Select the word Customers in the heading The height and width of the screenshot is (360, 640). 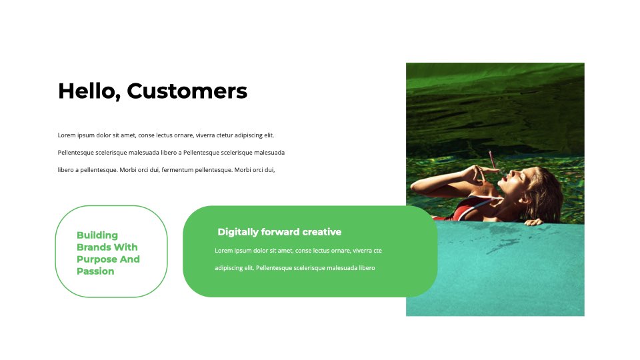point(187,91)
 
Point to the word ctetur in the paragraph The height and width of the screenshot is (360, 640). point(224,135)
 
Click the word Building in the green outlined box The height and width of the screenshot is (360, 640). point(97,235)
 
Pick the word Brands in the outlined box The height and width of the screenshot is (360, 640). point(94,247)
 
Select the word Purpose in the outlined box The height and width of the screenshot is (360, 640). point(97,259)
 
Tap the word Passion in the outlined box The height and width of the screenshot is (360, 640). point(95,271)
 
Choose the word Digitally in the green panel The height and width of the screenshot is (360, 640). point(238,232)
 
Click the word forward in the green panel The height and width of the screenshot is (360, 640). point(281,232)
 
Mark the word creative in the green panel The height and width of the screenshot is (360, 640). point(321,232)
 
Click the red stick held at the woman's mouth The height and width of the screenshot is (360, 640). point(493,160)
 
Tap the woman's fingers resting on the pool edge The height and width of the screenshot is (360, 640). point(533,222)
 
